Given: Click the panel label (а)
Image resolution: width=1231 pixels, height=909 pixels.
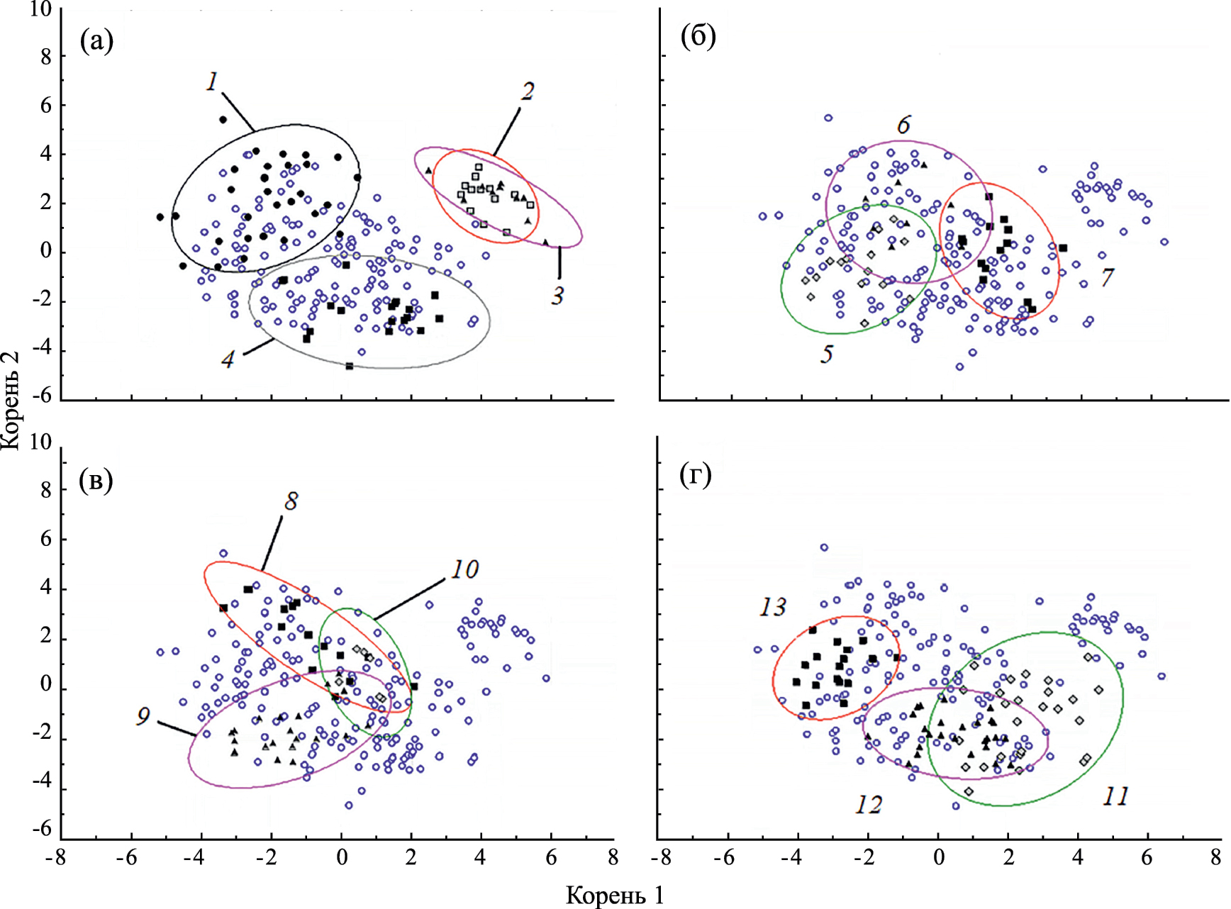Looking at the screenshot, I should click(x=96, y=42).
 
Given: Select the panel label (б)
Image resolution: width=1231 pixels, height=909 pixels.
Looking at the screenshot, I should click(x=698, y=36).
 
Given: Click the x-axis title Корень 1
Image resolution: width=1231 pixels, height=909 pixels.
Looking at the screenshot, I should click(x=615, y=896).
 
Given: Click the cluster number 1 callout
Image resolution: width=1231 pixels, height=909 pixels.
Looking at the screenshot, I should click(x=212, y=82).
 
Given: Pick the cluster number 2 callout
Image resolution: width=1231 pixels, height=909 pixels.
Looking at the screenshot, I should click(x=526, y=91).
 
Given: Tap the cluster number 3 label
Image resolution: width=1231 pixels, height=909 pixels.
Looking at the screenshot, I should click(x=558, y=296).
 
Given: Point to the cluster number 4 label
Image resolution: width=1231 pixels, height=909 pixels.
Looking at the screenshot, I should click(x=228, y=360).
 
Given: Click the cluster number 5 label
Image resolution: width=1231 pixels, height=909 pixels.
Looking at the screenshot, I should click(x=827, y=354).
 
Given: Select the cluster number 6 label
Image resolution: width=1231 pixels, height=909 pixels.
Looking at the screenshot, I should click(x=903, y=126).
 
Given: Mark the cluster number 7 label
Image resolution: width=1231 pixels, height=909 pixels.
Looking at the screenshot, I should click(x=1108, y=277).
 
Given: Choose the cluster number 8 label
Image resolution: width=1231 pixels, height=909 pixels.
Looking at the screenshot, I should click(x=291, y=502).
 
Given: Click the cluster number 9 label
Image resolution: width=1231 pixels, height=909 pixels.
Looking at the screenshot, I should click(x=143, y=717).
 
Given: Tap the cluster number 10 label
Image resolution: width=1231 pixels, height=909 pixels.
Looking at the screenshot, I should click(x=464, y=569).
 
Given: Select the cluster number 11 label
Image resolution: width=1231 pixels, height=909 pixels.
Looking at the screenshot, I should click(x=1115, y=797).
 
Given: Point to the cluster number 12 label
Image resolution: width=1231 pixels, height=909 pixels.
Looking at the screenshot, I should click(x=869, y=805).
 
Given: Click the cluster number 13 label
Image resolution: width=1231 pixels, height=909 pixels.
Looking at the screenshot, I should click(x=773, y=607).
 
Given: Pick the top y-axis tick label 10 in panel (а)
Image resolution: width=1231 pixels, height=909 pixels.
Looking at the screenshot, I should click(x=40, y=10).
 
